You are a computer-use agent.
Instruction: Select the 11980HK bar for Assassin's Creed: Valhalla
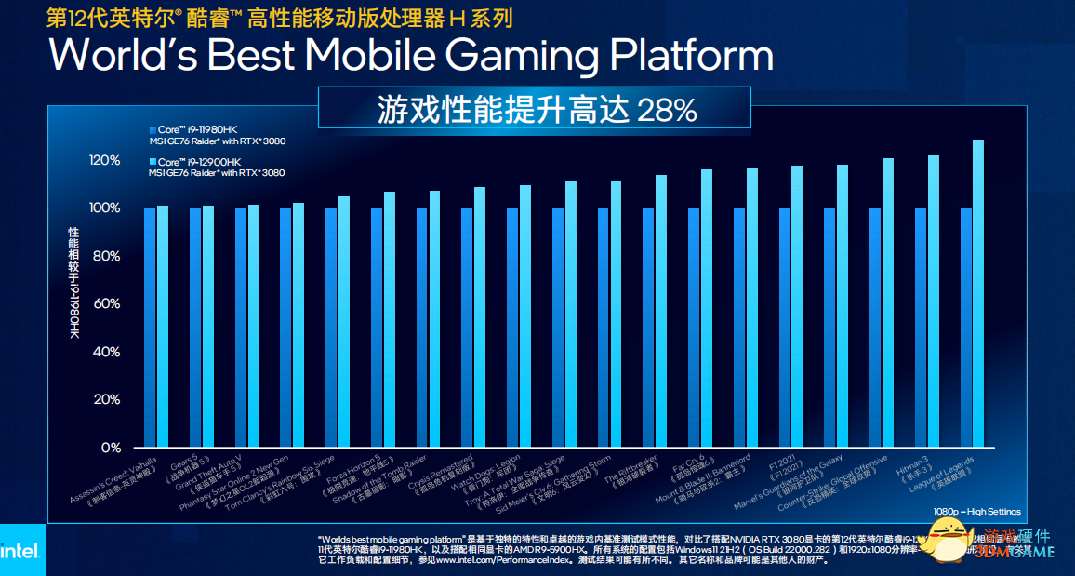tap(150, 327)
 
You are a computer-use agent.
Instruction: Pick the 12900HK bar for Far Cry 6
tap(707, 308)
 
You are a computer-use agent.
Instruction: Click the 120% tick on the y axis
tap(105, 160)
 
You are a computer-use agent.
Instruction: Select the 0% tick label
tap(112, 448)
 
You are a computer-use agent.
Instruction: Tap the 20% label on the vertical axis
tap(108, 399)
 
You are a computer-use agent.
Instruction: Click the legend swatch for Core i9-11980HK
tap(153, 129)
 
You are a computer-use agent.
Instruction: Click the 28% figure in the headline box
tap(666, 111)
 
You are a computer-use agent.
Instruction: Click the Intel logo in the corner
tap(20, 551)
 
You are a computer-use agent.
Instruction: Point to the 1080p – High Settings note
tap(976, 512)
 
